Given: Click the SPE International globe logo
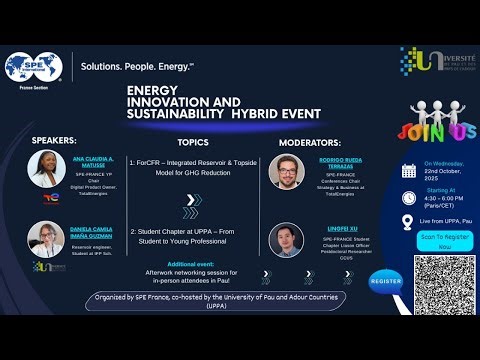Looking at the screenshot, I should tap(33, 68).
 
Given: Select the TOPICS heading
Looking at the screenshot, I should tap(193, 142).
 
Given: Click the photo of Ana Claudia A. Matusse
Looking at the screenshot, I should tap(47, 168).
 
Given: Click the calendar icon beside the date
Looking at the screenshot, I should tap(408, 170).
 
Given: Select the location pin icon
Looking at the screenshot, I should tap(408, 222).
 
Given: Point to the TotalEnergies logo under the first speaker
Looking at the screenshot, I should tap(47, 198).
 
